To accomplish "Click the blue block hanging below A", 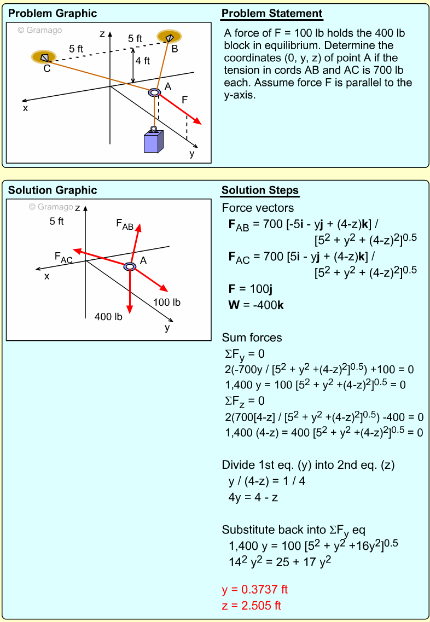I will (x=153, y=141).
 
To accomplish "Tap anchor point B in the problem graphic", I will (x=169, y=37).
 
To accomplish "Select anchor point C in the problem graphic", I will (x=44, y=57).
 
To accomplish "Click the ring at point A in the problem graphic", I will (x=155, y=93).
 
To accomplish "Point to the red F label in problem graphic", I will (x=185, y=100).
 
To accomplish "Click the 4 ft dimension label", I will (x=143, y=61).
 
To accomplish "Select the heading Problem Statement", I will (x=272, y=14).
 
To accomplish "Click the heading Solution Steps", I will (x=260, y=190).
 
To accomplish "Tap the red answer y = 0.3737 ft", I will (x=254, y=589).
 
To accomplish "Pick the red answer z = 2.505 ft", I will (x=252, y=605).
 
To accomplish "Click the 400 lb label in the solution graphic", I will (x=108, y=316).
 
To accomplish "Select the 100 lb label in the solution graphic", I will (x=167, y=302).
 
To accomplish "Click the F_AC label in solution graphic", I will (x=63, y=257).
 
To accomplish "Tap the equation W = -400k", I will (x=255, y=305).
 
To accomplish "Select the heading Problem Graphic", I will (x=53, y=14).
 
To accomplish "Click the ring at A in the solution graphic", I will (x=130, y=266).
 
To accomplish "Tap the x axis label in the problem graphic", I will (x=25, y=108).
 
